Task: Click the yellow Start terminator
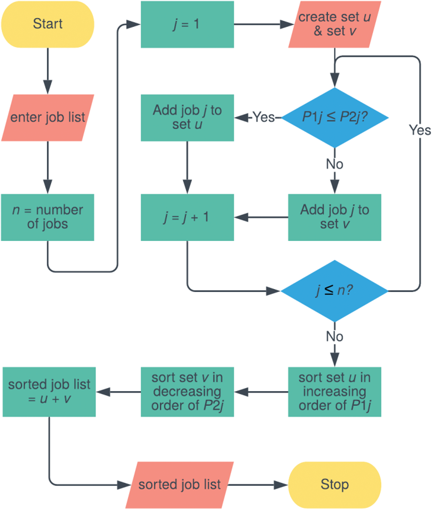pos(48,24)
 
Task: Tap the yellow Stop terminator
pos(335,484)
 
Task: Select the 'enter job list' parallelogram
pos(48,118)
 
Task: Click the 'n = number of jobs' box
pos(48,217)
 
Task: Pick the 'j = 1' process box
pos(187,24)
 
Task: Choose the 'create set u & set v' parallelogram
pos(335,24)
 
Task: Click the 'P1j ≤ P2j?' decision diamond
pos(335,118)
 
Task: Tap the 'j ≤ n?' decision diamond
pos(335,291)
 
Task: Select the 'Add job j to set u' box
pos(187,118)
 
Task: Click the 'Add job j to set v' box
pos(335,217)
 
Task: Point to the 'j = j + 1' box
pos(187,217)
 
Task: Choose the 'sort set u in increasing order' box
pos(335,392)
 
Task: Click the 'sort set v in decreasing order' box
pos(187,392)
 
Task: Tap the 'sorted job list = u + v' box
pos(49,392)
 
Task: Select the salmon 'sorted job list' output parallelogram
pos(180,484)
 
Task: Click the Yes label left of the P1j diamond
pos(264,118)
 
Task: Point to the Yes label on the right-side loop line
pos(420,130)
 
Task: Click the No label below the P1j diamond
pos(335,164)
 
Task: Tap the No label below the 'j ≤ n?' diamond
pos(335,337)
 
